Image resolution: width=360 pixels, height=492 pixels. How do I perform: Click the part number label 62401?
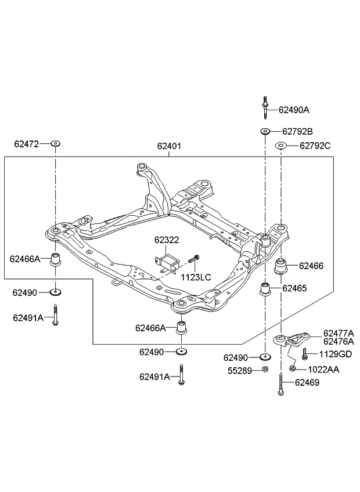(169, 147)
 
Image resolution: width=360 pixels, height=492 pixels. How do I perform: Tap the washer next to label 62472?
(56, 143)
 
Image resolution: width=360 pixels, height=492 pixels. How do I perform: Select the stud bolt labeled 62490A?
(265, 107)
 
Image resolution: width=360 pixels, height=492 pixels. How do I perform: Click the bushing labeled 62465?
(265, 288)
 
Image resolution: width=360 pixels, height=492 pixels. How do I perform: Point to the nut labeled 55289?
(265, 370)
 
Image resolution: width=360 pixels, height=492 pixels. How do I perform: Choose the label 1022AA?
(323, 369)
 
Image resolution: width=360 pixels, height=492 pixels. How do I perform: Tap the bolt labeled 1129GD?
(304, 354)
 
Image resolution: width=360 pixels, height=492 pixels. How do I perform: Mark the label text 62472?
(27, 143)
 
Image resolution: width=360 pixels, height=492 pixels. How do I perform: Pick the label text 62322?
(166, 239)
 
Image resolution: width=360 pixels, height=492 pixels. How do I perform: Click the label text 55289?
(239, 370)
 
